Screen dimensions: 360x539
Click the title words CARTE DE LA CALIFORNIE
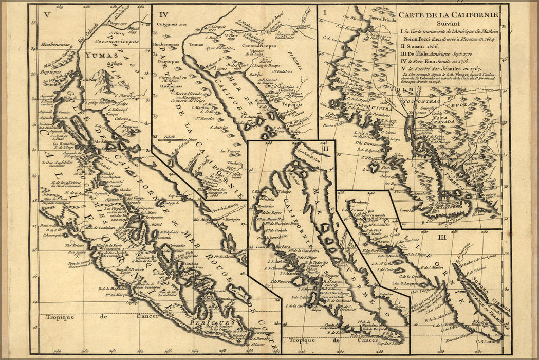click(x=448, y=14)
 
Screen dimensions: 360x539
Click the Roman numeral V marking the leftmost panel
click(x=46, y=14)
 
